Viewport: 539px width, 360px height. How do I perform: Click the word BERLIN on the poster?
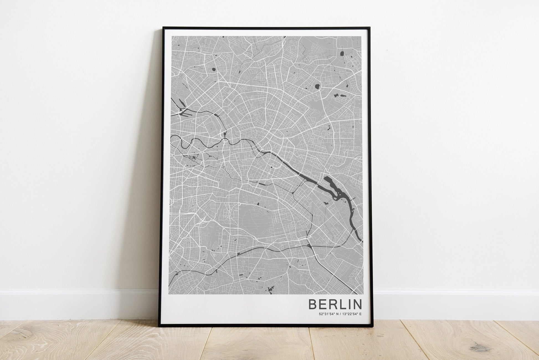(335, 304)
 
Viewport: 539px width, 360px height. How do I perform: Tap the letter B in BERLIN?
(313, 304)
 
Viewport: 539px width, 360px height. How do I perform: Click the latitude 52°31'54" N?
(329, 314)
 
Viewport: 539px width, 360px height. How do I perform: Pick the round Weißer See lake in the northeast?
(317, 87)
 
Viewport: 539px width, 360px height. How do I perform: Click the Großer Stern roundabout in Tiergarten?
(203, 152)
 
